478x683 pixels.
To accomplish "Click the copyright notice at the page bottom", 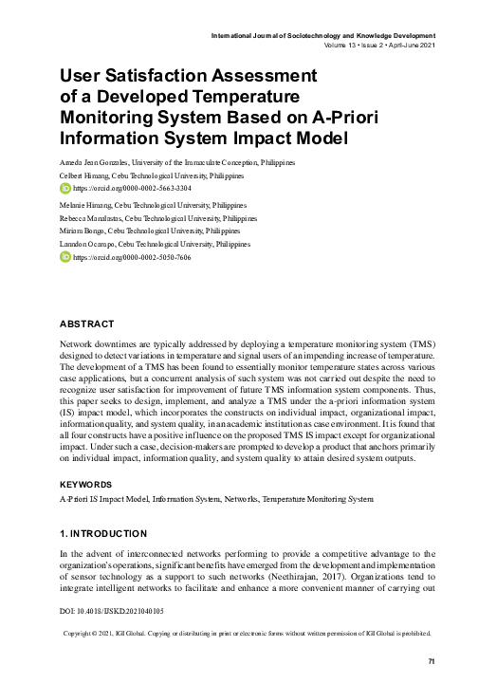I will click(x=247, y=632).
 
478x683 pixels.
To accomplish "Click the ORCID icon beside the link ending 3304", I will click(x=65, y=189).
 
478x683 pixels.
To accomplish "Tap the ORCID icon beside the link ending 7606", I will click(x=65, y=257).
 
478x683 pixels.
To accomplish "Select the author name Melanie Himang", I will click(x=86, y=204).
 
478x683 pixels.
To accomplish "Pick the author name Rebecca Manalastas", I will click(x=94, y=217).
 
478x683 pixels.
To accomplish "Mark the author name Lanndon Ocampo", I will click(x=88, y=244).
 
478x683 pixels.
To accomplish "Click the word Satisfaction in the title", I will click(x=180, y=75).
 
